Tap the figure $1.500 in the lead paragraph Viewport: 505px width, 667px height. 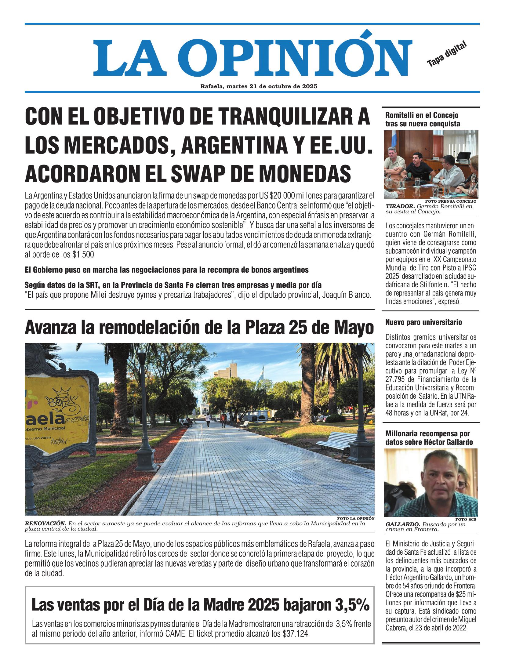[83, 255]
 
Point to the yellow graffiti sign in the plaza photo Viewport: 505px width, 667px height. [58, 409]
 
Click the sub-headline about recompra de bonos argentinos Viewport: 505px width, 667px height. [166, 270]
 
